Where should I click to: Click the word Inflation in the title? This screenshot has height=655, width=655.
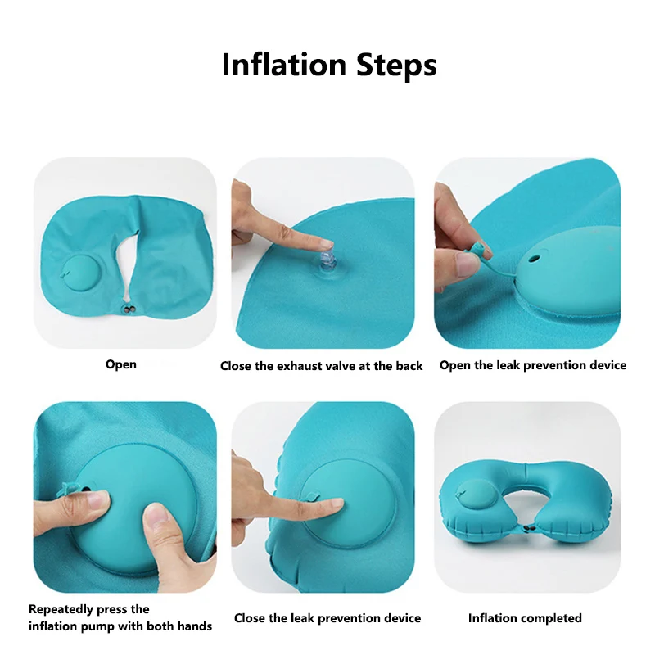pos(284,65)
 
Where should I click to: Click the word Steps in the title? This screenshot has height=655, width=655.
pos(396,66)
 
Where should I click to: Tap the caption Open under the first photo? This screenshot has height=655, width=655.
pos(121,364)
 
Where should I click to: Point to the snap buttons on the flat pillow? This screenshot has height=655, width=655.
pos(129,309)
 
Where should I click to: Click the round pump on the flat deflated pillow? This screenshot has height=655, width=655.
pos(81,273)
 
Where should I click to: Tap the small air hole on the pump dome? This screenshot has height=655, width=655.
pos(534,259)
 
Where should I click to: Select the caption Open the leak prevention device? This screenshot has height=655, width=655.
pos(533,365)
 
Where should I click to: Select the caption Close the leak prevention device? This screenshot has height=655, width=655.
pos(327,618)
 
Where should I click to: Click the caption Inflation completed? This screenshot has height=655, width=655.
pos(525,618)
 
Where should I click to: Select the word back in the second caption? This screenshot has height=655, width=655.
pos(409,366)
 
